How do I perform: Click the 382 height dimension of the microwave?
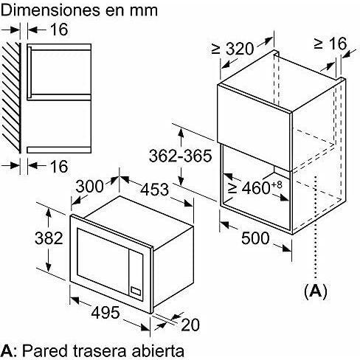tap(49, 238)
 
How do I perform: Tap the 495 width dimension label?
tap(105, 312)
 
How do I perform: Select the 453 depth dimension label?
tap(155, 190)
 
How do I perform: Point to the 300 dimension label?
tap(89, 186)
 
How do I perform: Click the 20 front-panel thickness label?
tap(190, 325)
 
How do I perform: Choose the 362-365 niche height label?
tap(180, 156)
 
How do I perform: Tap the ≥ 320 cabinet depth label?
tap(232, 49)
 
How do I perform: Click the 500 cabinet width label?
tap(255, 238)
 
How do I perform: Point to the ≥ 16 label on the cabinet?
tap(330, 44)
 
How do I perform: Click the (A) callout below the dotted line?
tap(316, 291)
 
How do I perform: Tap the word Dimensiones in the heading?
tap(50, 10)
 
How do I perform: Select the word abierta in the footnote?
tap(158, 350)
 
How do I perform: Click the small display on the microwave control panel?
tap(136, 291)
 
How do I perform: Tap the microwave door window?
tap(103, 257)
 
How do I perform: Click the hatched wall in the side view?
tap(11, 97)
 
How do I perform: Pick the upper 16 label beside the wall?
tap(59, 30)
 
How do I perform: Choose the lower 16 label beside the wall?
tap(59, 166)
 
